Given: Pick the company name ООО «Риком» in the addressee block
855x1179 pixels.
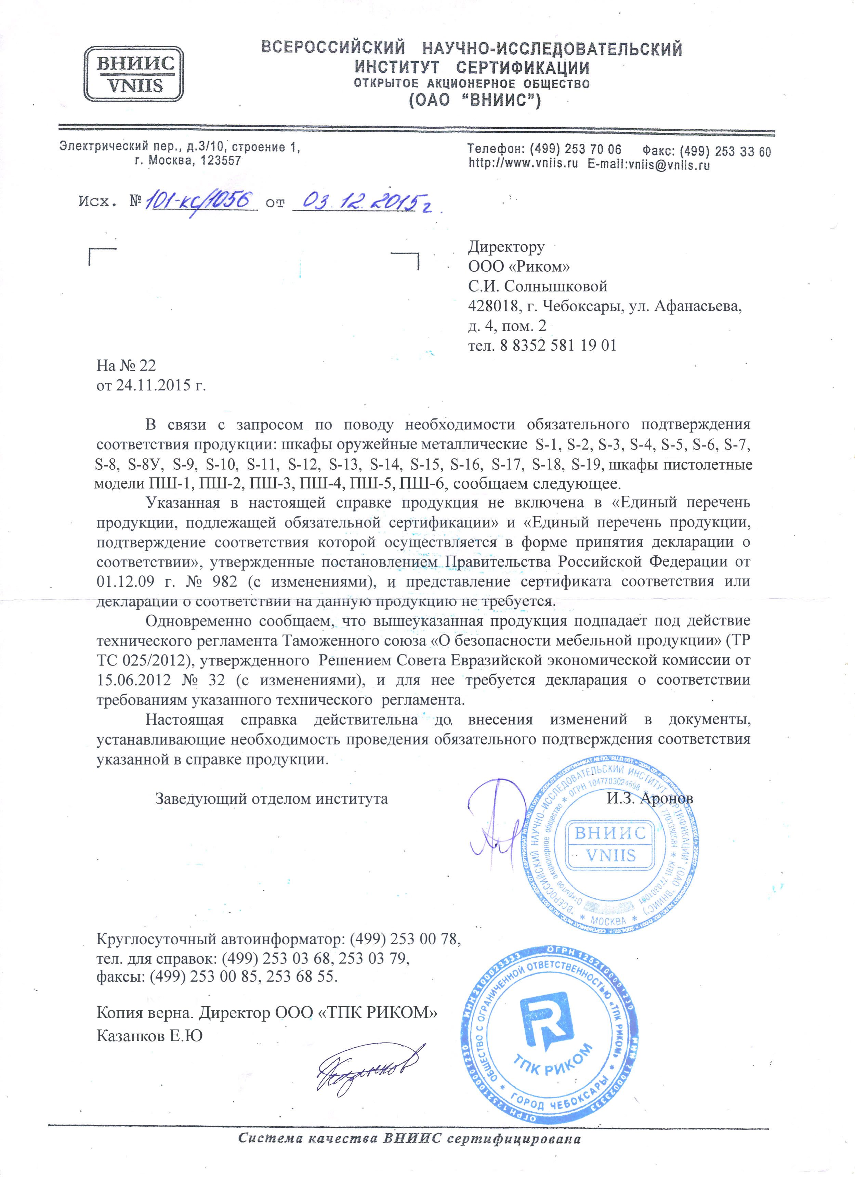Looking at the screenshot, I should pos(519,267).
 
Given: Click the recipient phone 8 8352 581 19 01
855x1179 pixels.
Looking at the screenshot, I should pos(558,346).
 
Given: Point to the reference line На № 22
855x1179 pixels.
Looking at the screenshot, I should pos(126,365).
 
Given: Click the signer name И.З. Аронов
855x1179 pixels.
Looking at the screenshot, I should pos(650,798).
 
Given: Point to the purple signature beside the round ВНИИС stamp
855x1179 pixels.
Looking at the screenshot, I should pos(494,827).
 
